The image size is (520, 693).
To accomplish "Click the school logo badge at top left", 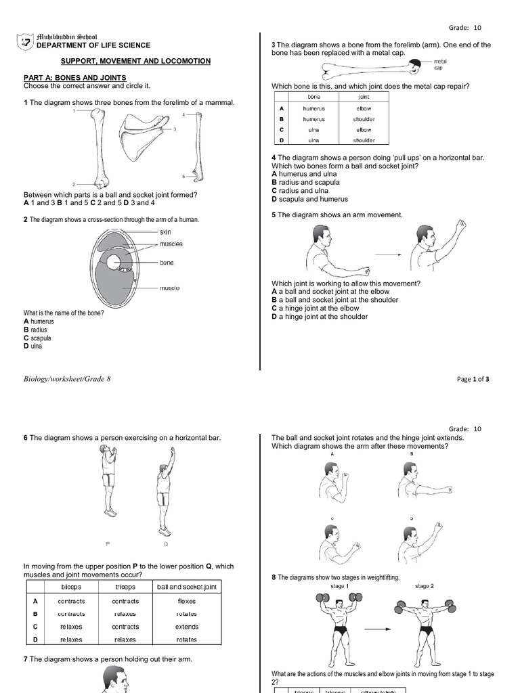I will click(25, 42).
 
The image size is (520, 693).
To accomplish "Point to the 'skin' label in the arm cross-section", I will click(165, 232).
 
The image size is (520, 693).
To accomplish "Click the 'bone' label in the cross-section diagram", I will click(167, 263).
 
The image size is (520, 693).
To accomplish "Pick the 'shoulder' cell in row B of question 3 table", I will click(364, 119).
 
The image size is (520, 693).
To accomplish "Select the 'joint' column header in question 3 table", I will click(364, 97).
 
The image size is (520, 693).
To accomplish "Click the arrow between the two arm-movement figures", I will click(386, 254).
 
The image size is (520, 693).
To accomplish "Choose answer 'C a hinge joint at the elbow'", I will click(316, 308).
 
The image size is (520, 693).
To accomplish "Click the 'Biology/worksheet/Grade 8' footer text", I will click(67, 379).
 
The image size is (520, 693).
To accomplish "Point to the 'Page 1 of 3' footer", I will click(473, 380).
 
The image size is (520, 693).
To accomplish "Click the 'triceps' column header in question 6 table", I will click(125, 587).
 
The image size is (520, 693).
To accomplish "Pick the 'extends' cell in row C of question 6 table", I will click(186, 627).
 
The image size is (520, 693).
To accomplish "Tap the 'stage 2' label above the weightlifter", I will click(425, 586).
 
